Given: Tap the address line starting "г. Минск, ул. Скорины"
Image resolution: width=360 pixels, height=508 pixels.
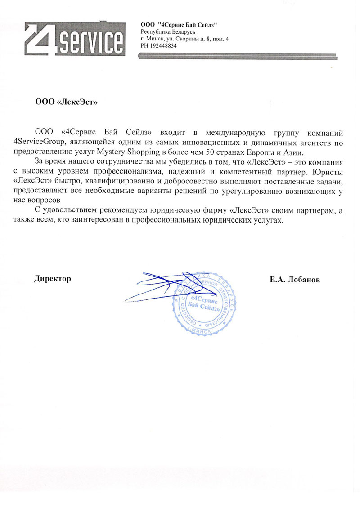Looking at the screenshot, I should [x=185, y=39].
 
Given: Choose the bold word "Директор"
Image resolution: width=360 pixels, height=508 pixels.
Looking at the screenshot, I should [x=53, y=279].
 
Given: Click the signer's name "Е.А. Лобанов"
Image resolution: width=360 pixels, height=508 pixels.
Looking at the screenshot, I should [x=295, y=279].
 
